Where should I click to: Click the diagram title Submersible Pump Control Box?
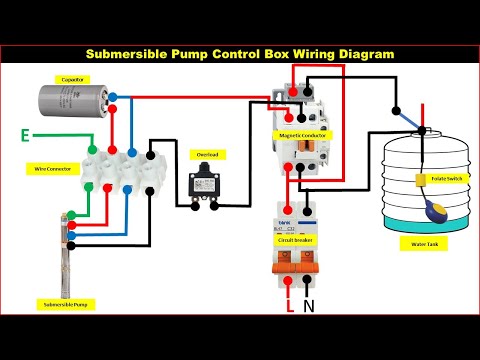pyautogui.click(x=240, y=53)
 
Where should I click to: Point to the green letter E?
pyautogui.click(x=25, y=132)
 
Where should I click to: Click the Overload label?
pyautogui.click(x=206, y=154)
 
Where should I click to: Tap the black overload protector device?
pyautogui.click(x=207, y=186)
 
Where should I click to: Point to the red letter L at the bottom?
pyautogui.click(x=290, y=306)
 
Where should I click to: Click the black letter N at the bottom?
pyautogui.click(x=309, y=306)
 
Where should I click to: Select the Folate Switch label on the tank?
pyautogui.click(x=446, y=178)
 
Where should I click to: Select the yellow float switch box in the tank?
pyautogui.click(x=418, y=180)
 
